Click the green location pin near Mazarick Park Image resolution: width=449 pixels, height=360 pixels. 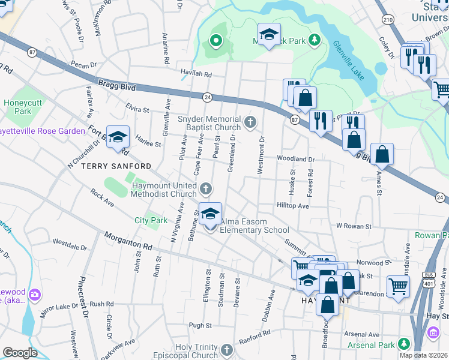click(x=216, y=41)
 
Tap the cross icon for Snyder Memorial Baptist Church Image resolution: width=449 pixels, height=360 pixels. click(x=252, y=123)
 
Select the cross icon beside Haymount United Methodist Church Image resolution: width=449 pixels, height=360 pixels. click(x=206, y=190)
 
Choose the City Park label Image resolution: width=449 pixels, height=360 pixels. click(x=151, y=220)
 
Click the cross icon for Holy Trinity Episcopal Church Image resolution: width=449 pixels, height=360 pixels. click(x=226, y=350)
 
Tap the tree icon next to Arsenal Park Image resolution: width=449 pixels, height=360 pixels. click(x=405, y=344)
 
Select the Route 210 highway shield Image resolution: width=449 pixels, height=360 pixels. click(x=389, y=20)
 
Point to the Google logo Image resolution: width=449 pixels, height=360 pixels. click(x=20, y=352)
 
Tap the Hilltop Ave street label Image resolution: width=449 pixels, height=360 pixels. click(x=292, y=205)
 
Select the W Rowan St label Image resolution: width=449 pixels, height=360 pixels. click(x=354, y=226)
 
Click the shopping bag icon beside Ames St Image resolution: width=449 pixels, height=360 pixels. click(x=382, y=155)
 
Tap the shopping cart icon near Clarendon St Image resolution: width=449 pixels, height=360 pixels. click(x=398, y=286)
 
